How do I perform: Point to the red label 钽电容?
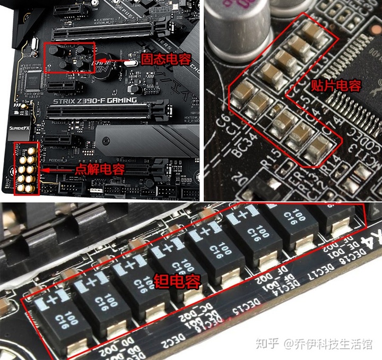click(177, 281)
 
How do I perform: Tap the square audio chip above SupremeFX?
click(33, 80)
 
